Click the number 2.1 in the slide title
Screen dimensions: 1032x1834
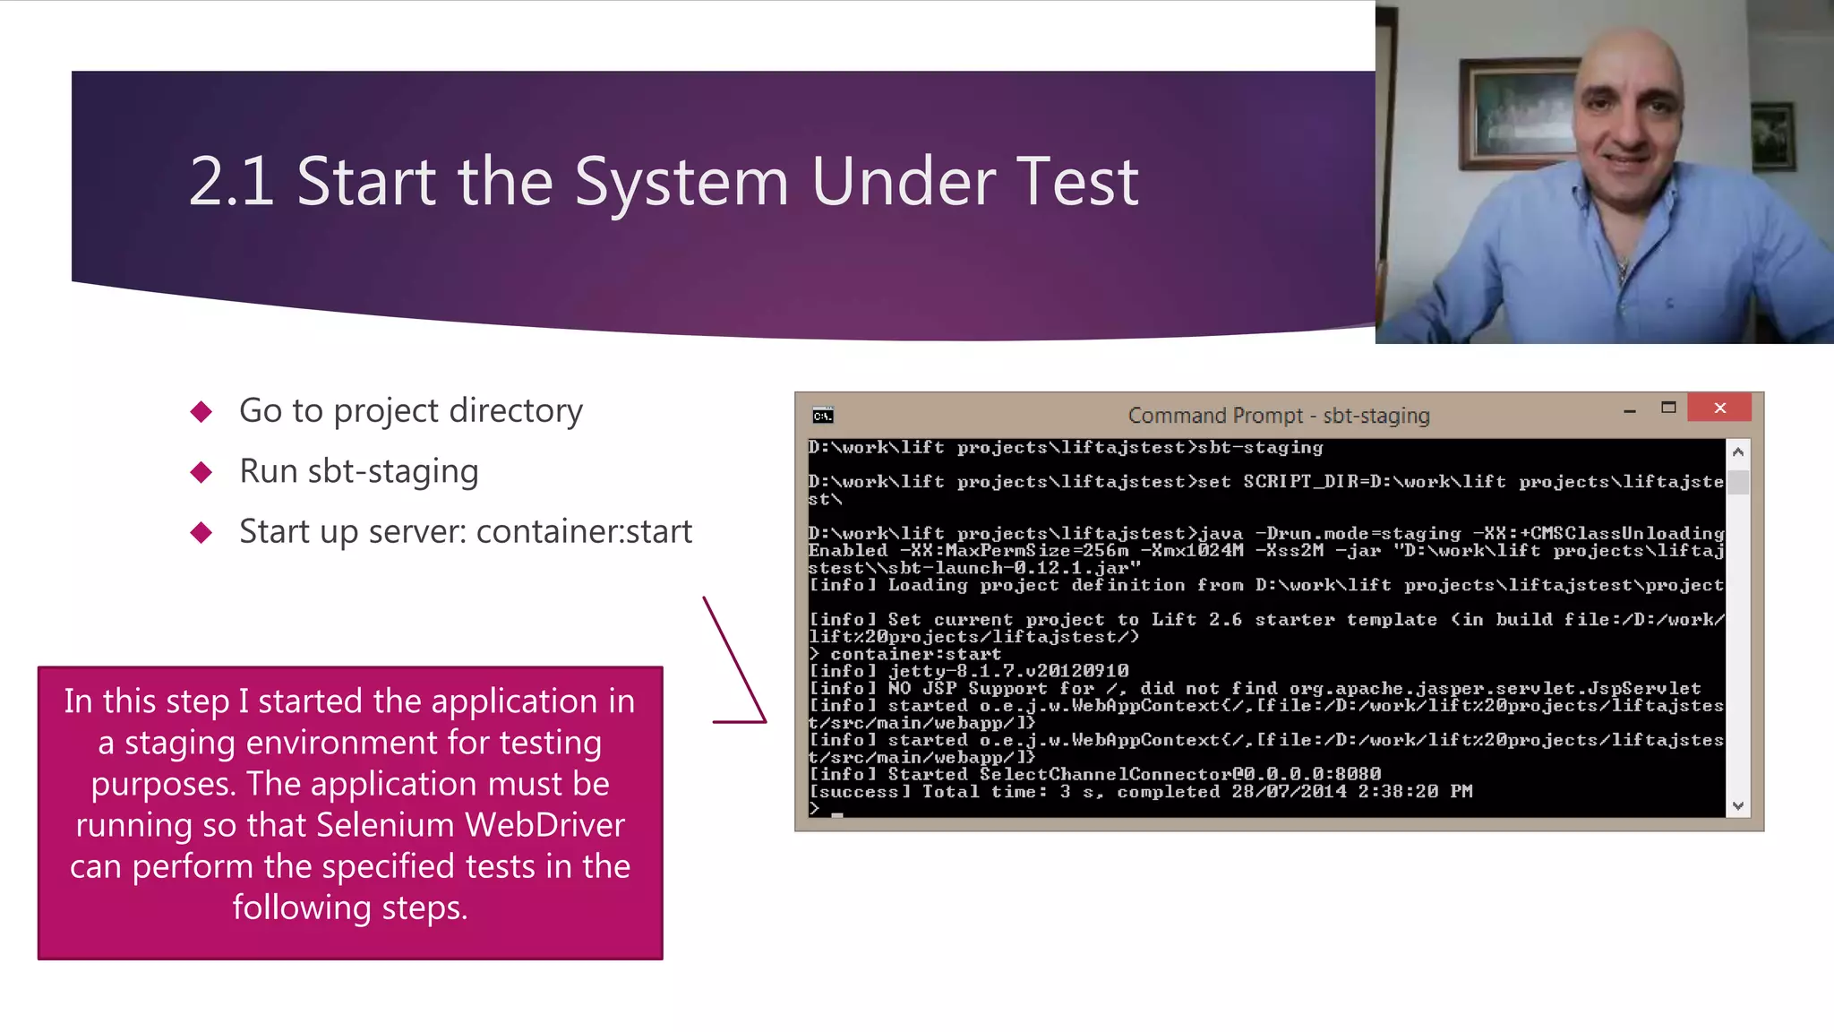pyautogui.click(x=231, y=182)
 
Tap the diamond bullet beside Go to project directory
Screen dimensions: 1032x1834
pyautogui.click(x=201, y=412)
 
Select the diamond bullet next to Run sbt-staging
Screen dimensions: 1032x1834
pyautogui.click(x=201, y=472)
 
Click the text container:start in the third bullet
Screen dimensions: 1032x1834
pyautogui.click(x=584, y=532)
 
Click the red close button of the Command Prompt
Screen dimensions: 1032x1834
pyautogui.click(x=1719, y=408)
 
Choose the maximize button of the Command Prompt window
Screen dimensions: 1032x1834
pyautogui.click(x=1668, y=408)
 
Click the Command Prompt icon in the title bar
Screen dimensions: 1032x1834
pyautogui.click(x=823, y=416)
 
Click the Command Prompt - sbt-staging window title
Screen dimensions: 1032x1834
pyautogui.click(x=1278, y=416)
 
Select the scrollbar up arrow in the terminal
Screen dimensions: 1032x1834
pyautogui.click(x=1738, y=452)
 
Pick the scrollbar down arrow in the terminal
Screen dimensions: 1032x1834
pyautogui.click(x=1738, y=806)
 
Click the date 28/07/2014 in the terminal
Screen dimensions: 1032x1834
pyautogui.click(x=1289, y=792)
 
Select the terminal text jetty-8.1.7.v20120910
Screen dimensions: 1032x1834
pyautogui.click(x=1008, y=671)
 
